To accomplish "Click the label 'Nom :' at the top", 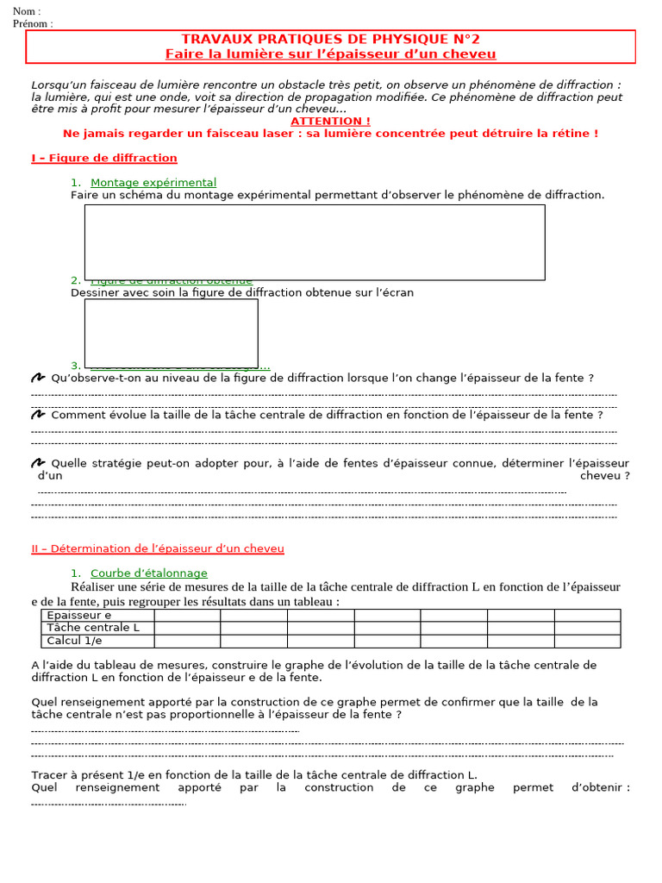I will click(27, 11).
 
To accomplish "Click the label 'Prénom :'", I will click(33, 23).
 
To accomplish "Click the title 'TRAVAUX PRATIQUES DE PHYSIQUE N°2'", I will click(330, 40).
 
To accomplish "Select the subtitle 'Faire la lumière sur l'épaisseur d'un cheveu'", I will click(330, 54).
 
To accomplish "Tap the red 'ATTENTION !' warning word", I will click(330, 122).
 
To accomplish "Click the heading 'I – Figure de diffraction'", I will click(104, 158).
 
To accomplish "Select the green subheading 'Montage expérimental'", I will click(153, 183).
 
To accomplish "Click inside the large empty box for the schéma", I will click(315, 241).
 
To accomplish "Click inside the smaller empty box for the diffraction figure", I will click(171, 332).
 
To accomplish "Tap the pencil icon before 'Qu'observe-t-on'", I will click(38, 378).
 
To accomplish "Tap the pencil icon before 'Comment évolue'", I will click(38, 415).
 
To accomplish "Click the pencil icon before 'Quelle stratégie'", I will click(38, 463).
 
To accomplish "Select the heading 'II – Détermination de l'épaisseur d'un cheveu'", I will click(158, 548).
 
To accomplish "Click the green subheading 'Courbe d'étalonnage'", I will click(149, 573).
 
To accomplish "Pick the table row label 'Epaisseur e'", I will click(78, 616).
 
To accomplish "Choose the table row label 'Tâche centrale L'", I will click(93, 628).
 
